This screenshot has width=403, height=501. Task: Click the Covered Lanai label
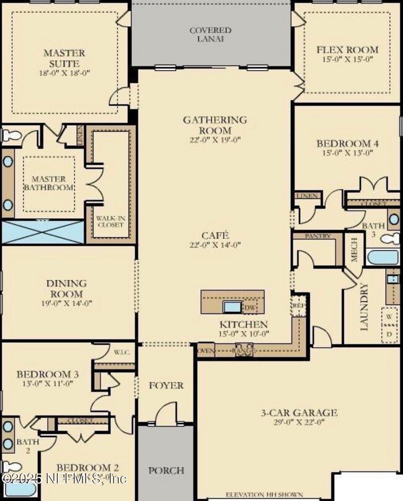coord(210,34)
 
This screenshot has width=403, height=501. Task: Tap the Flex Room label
coord(347,50)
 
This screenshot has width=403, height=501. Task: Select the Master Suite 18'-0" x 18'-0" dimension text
coord(64,73)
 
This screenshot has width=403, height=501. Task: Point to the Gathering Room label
coord(215,125)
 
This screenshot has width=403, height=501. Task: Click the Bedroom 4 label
coord(347,144)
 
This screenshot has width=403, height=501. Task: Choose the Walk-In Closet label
coord(110,221)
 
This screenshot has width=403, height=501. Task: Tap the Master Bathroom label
coord(49,183)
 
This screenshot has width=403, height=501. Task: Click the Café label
coord(215,235)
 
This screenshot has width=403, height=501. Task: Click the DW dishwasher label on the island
coord(249,308)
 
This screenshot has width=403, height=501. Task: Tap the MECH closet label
coord(354,250)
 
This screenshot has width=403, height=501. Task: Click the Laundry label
coord(364,307)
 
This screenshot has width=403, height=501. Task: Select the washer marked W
coord(389,316)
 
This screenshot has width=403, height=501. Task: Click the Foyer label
coord(166,385)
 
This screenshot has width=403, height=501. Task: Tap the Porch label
coord(166,470)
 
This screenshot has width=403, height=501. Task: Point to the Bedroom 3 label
coord(47,375)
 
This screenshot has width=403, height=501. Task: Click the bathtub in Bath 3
coord(381,257)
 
